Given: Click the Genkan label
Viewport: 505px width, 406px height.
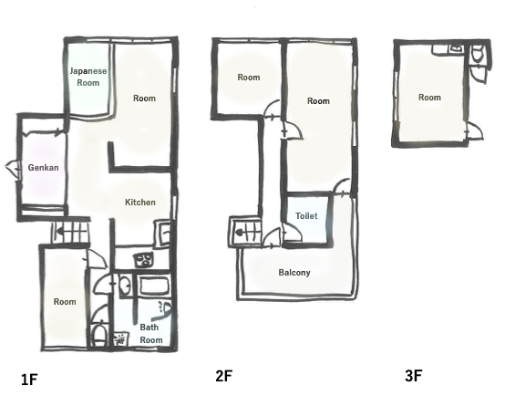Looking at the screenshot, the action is click(x=43, y=168).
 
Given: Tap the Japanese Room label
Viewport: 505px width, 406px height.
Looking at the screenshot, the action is click(x=88, y=77).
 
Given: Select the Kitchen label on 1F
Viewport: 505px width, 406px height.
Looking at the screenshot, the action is click(x=140, y=203).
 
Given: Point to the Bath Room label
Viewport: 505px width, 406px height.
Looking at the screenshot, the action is click(x=150, y=334).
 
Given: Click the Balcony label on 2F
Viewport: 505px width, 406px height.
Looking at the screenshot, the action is click(x=294, y=273).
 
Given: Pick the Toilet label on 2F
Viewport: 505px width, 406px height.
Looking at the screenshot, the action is click(x=306, y=215).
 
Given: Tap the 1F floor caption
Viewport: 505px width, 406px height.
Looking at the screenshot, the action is click(x=29, y=380).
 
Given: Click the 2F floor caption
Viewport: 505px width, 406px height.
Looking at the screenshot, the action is click(x=224, y=376).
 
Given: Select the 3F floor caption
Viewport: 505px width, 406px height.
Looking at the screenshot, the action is click(x=414, y=376).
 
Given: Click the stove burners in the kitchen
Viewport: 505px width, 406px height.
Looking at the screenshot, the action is click(x=143, y=260).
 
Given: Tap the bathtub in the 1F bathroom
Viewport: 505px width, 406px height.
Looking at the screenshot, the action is click(x=155, y=286).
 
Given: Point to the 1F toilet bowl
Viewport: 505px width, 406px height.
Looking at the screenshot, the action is click(x=98, y=336).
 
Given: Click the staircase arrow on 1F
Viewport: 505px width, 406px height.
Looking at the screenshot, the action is click(x=60, y=231).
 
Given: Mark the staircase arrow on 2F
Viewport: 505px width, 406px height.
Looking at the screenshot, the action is click(x=240, y=232).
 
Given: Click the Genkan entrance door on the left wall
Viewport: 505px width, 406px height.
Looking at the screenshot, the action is click(x=13, y=169).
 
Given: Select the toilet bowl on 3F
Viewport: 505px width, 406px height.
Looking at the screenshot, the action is click(x=477, y=53).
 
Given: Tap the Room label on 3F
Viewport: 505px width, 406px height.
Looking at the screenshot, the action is click(x=429, y=98).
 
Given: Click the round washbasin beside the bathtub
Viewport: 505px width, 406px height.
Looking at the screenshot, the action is click(x=124, y=285).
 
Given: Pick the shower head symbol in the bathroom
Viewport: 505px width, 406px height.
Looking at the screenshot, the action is click(x=164, y=308).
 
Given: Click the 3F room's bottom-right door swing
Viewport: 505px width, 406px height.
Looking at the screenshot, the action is click(x=474, y=130).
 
